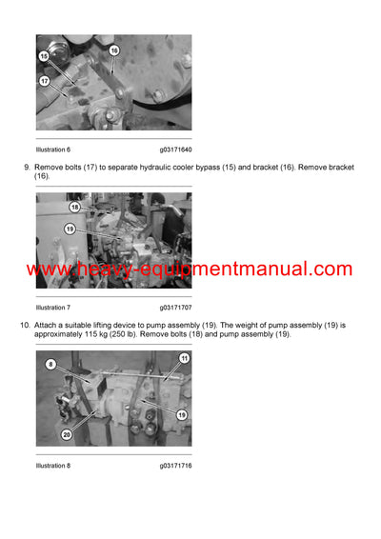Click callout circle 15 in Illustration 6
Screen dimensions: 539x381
(x=44, y=56)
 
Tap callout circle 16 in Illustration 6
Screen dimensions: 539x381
(x=113, y=50)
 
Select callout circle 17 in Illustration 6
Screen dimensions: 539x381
(x=44, y=81)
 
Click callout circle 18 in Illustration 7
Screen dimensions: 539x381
(x=74, y=207)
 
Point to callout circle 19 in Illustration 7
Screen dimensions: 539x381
(x=70, y=229)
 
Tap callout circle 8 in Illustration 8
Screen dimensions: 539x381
(x=50, y=364)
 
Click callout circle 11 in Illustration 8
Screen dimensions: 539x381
(x=184, y=358)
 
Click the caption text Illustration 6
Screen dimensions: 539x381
(x=53, y=150)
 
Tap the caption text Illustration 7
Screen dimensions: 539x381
(x=53, y=308)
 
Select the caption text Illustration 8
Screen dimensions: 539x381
(x=53, y=466)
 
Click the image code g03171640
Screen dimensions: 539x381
(x=175, y=150)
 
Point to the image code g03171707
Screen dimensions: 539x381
(x=175, y=308)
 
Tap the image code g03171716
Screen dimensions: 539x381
(x=175, y=466)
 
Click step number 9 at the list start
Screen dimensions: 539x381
(x=26, y=168)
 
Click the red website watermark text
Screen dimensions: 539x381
(x=190, y=269)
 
